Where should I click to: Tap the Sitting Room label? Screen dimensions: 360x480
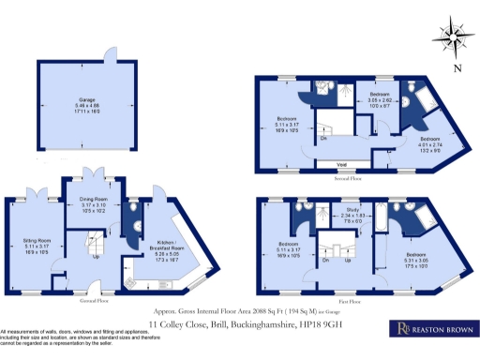coord(36,240)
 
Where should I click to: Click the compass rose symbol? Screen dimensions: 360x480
coord(454,39)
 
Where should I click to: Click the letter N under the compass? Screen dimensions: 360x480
coord(456,68)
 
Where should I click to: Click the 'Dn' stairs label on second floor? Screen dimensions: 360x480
coord(323,139)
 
